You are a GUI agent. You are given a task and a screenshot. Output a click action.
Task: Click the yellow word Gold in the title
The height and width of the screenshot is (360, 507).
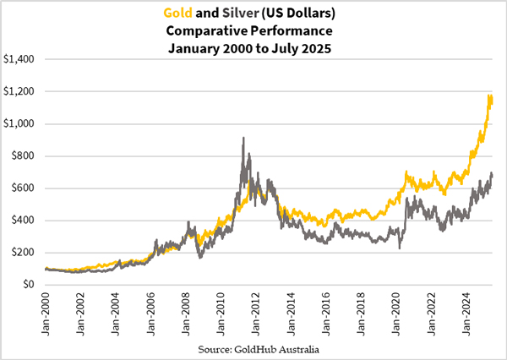(180, 12)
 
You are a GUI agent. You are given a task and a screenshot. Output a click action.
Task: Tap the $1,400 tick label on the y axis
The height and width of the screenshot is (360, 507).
(21, 59)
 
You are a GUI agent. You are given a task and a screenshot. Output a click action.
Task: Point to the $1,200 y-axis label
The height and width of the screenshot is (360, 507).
(21, 91)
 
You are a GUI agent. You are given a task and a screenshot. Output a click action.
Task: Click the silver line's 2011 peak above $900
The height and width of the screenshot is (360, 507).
(243, 138)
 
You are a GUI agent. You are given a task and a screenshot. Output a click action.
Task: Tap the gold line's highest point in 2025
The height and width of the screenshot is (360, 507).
(491, 95)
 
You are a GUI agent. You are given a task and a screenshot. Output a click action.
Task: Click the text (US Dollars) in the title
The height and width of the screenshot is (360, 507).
(300, 12)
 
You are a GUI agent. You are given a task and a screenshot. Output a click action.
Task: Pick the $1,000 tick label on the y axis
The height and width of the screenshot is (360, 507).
(21, 123)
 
